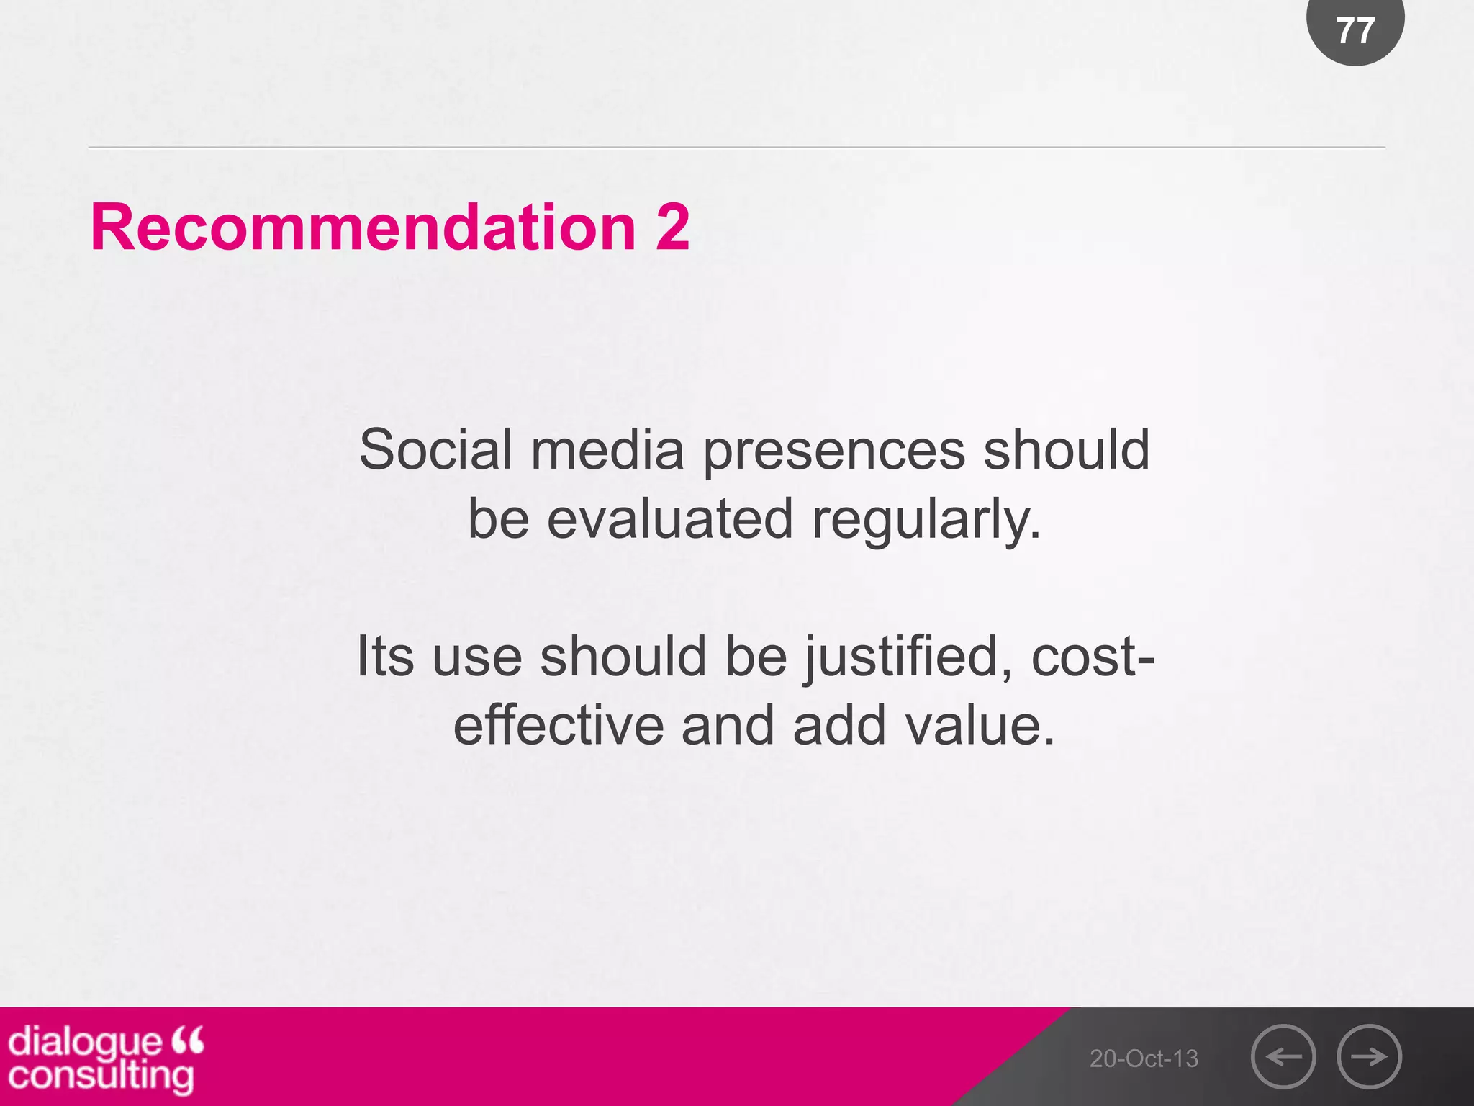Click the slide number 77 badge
tap(1355, 30)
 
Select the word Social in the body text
tap(435, 450)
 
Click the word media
tap(607, 450)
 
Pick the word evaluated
tap(669, 518)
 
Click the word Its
tap(386, 657)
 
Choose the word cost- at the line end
tap(1093, 657)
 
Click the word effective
tap(559, 725)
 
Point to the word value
tap(980, 725)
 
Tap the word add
tap(839, 725)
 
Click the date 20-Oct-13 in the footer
tap(1144, 1058)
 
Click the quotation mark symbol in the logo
tap(188, 1039)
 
